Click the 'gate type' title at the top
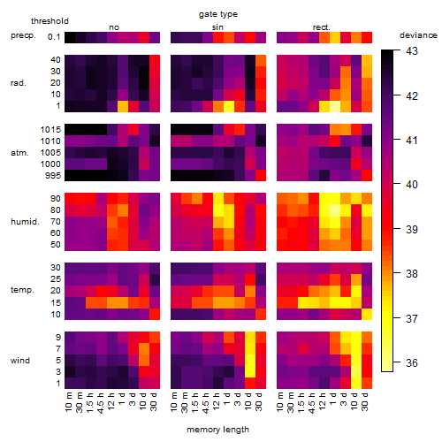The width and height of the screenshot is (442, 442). (218, 14)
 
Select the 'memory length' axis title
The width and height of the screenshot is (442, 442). (218, 430)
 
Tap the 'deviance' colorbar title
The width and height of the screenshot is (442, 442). (418, 35)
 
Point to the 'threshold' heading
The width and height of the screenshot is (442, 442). (50, 21)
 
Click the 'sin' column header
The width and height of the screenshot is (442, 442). (217, 27)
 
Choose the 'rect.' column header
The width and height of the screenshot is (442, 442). (322, 27)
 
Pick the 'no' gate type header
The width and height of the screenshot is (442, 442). (114, 27)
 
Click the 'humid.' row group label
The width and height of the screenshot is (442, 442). (25, 222)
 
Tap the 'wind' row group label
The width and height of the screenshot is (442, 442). (20, 361)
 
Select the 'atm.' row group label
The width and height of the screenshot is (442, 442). (19, 153)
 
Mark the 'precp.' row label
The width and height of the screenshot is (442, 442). (23, 35)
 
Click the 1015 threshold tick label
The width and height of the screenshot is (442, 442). (50, 130)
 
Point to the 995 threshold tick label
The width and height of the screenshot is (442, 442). (53, 176)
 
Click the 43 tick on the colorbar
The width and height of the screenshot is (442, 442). (412, 51)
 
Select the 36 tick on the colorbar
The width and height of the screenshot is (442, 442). (412, 363)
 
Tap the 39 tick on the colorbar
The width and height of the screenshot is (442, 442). (412, 230)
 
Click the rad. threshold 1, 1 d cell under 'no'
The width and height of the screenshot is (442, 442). (123, 106)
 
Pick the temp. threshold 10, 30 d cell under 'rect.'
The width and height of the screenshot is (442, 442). (367, 314)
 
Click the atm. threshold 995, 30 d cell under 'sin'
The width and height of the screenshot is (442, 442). (261, 175)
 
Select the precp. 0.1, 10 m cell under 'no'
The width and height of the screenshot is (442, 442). (70, 37)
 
